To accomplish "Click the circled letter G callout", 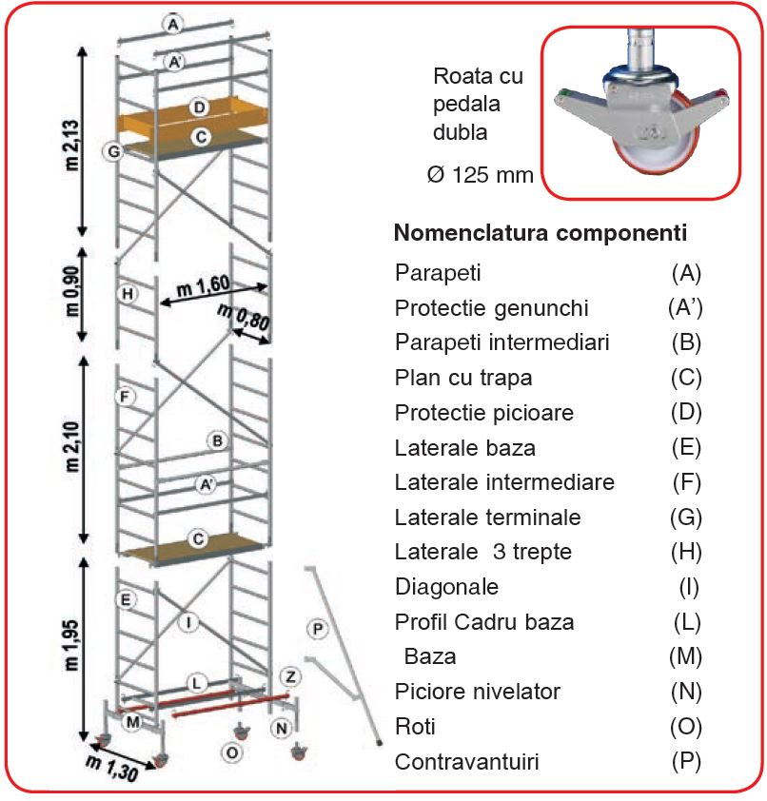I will (113, 151).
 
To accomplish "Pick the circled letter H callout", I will (127, 294).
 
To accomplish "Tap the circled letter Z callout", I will (290, 675).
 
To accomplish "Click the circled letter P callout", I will (317, 628).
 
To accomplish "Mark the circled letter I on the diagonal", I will (189, 622).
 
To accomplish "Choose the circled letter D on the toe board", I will (198, 108).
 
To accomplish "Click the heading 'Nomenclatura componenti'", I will (541, 233).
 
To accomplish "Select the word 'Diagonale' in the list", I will (446, 587).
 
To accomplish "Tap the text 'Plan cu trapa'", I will (463, 378).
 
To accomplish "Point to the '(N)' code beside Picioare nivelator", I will (686, 692).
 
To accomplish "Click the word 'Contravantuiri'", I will (466, 762).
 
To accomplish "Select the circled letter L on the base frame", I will (196, 683).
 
